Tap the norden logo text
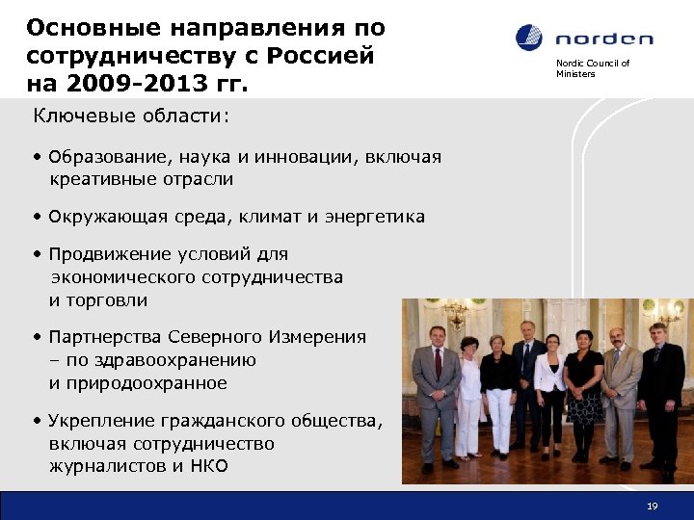(x=604, y=39)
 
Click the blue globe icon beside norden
(x=529, y=39)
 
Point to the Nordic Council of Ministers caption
(x=592, y=68)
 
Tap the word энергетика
(x=375, y=217)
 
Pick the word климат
(x=263, y=217)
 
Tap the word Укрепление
(x=104, y=421)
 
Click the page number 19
(x=653, y=506)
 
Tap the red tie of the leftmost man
(x=437, y=364)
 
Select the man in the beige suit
(x=620, y=395)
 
